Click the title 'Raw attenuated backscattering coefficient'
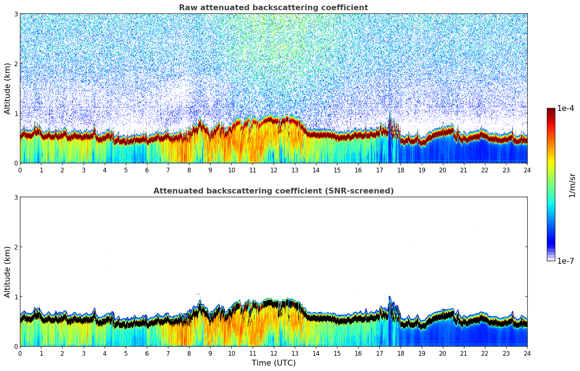point(273,8)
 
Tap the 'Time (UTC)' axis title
point(273,363)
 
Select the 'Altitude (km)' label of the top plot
point(7,88)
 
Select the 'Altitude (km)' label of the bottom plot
point(7,272)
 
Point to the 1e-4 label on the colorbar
point(565,108)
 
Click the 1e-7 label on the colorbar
point(565,261)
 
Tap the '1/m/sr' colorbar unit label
point(572,185)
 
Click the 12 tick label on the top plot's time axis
point(273,170)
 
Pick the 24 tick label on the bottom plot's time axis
point(527,353)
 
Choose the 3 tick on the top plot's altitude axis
point(16,14)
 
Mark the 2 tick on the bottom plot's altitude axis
point(16,247)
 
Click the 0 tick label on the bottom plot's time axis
point(20,353)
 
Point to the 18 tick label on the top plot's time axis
point(400,170)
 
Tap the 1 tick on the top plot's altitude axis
point(16,113)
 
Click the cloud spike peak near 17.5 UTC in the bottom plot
point(389,297)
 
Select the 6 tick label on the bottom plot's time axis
point(147,353)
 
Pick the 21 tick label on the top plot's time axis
point(464,170)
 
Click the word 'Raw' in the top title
point(186,8)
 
